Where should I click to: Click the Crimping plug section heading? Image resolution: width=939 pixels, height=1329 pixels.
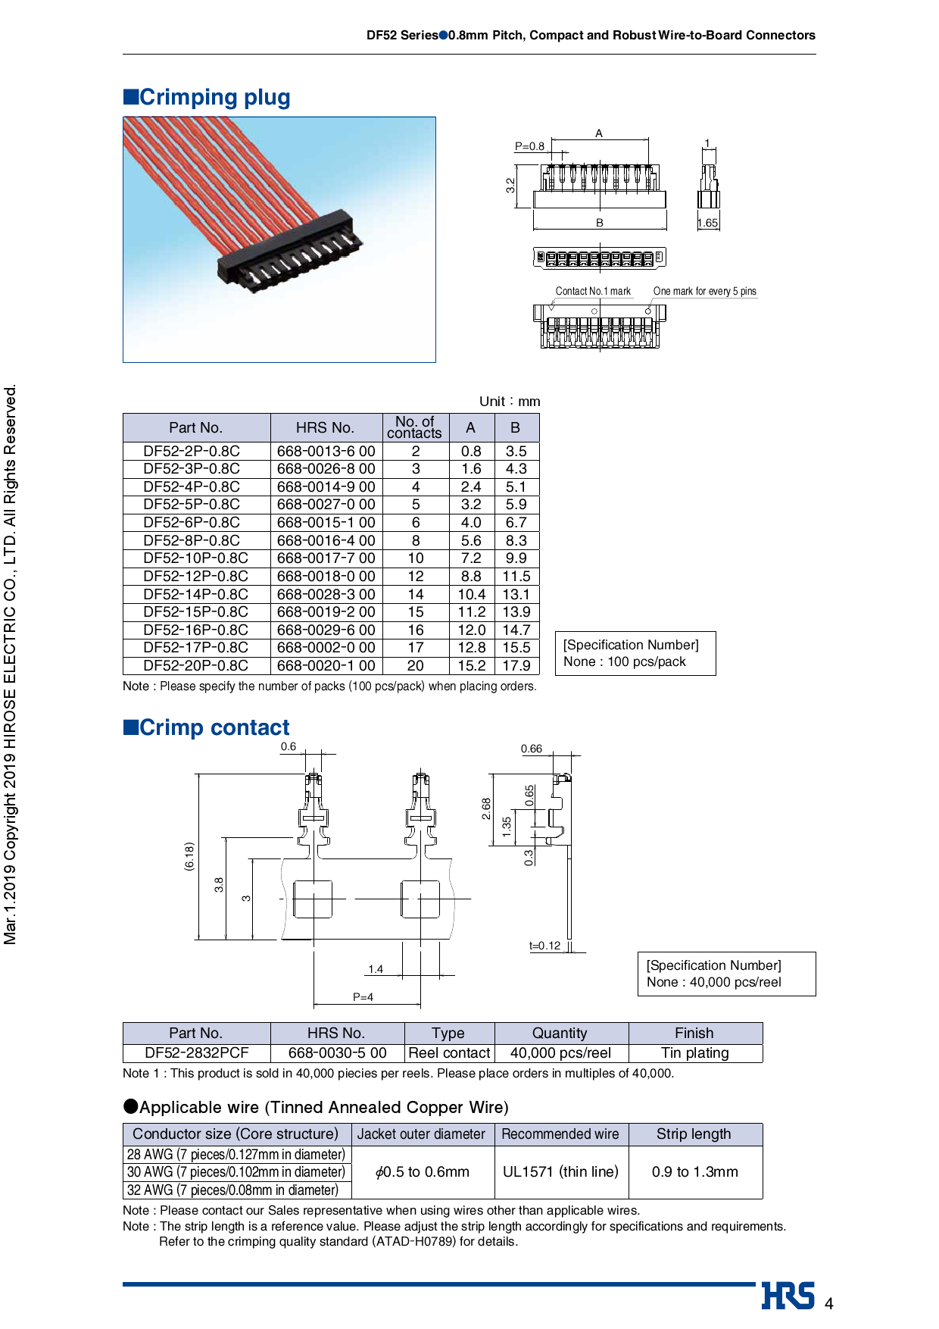[207, 97]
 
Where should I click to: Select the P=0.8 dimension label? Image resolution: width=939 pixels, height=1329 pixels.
[529, 146]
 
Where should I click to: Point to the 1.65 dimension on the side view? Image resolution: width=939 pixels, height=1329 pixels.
[707, 223]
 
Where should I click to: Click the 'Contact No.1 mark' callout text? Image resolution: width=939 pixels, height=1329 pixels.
[593, 291]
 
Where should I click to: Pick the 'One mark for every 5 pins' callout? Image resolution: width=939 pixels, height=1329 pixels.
[704, 291]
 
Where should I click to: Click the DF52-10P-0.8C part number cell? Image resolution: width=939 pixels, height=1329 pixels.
[195, 558]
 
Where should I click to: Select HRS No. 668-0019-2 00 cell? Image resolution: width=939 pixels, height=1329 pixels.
[326, 612]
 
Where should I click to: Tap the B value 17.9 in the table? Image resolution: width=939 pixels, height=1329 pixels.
[516, 666]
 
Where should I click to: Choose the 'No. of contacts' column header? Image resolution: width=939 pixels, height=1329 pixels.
[414, 427]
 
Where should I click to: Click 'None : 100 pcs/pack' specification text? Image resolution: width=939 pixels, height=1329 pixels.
[625, 661]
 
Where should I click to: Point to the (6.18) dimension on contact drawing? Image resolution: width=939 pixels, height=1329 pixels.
[189, 856]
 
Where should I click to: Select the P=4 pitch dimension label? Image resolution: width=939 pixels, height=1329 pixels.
[363, 997]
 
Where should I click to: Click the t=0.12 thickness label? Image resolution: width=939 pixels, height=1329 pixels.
[544, 946]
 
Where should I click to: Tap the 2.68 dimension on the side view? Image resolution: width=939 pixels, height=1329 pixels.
[486, 808]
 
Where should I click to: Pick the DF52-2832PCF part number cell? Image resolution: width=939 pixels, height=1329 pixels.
[196, 1053]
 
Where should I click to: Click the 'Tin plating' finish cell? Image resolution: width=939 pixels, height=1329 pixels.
[694, 1053]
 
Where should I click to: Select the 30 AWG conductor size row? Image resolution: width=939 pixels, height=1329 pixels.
[236, 1172]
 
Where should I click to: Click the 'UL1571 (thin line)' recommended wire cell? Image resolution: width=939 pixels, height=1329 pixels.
[560, 1172]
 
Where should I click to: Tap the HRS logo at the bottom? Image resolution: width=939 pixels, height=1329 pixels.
[788, 1296]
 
